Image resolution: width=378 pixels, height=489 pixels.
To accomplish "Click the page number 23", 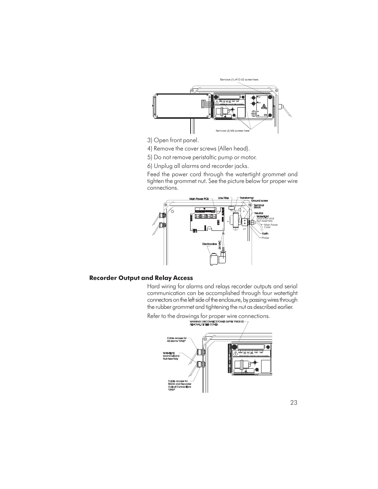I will point(293,403).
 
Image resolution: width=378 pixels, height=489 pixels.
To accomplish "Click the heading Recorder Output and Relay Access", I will point(141,278).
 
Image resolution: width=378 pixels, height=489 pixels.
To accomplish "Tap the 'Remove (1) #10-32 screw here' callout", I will point(239,80).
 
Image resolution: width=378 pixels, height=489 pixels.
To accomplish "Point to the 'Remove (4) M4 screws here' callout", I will point(232,131).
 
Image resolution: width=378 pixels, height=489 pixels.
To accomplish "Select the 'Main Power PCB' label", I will point(199,199).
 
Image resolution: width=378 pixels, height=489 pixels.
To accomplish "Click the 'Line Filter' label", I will point(223,198).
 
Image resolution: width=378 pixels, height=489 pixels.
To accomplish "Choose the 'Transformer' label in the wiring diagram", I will point(246,198).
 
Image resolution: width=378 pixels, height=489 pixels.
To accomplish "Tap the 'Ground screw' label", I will point(260,201).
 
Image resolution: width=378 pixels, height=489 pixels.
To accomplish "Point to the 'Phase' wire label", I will point(265,238).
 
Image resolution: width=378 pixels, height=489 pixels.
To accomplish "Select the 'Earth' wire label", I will point(265,234).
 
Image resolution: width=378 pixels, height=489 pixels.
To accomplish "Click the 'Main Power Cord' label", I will point(271,226).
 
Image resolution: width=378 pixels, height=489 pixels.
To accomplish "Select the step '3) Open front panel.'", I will point(173,140).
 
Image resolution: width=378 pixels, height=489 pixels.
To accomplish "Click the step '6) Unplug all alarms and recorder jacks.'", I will point(199,166).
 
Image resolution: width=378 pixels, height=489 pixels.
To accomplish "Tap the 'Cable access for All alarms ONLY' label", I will point(177,339).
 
